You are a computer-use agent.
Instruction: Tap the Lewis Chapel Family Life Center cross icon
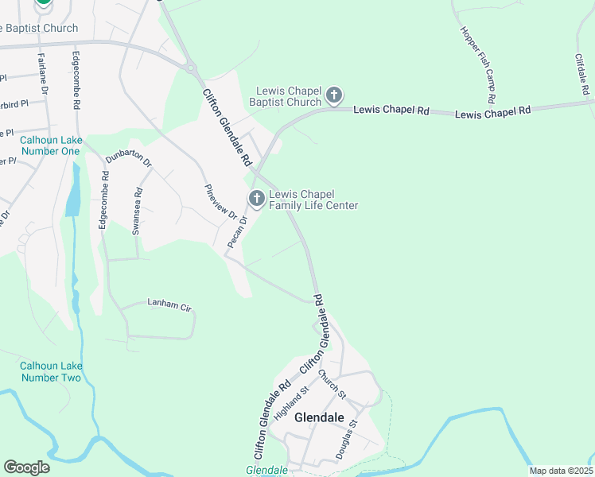click(x=256, y=199)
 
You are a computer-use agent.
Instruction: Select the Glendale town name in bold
click(x=319, y=417)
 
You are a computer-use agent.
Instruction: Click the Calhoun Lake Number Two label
click(x=50, y=371)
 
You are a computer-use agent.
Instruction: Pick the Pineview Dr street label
click(x=220, y=202)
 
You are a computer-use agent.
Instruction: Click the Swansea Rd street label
click(x=138, y=203)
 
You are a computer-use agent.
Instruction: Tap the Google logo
click(x=26, y=467)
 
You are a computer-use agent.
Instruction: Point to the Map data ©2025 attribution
click(x=561, y=471)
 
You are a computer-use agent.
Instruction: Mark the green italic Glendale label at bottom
click(x=266, y=471)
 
